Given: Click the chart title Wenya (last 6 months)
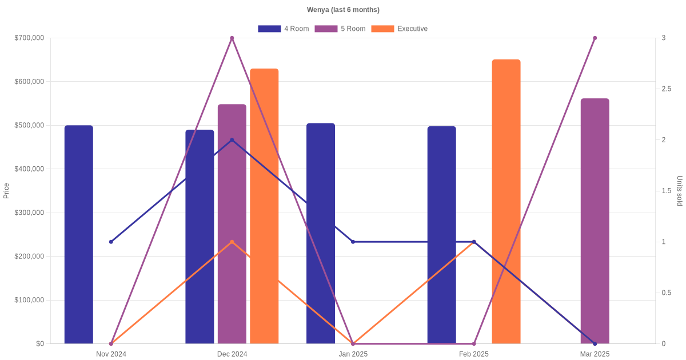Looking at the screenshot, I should click(x=343, y=10).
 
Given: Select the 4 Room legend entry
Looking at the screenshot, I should click(x=284, y=29).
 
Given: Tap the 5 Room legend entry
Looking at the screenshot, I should click(x=340, y=29).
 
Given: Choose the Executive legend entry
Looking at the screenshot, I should click(x=400, y=29).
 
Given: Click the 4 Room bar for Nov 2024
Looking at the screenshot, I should click(x=79, y=234).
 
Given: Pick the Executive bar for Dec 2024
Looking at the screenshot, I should click(x=264, y=206).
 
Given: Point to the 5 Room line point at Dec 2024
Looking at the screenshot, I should click(x=232, y=38).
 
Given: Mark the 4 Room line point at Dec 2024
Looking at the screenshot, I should click(x=232, y=140).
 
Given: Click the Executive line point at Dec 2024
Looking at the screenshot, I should click(x=232, y=242).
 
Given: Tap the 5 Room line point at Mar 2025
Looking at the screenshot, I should click(x=595, y=38).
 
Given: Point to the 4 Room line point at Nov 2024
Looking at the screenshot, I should click(x=111, y=242).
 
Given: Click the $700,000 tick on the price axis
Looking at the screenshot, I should click(x=29, y=38).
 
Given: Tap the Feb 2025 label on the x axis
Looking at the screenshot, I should click(x=474, y=354).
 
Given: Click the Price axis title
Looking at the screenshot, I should click(x=6, y=191).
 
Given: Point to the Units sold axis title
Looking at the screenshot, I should click(x=680, y=191).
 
